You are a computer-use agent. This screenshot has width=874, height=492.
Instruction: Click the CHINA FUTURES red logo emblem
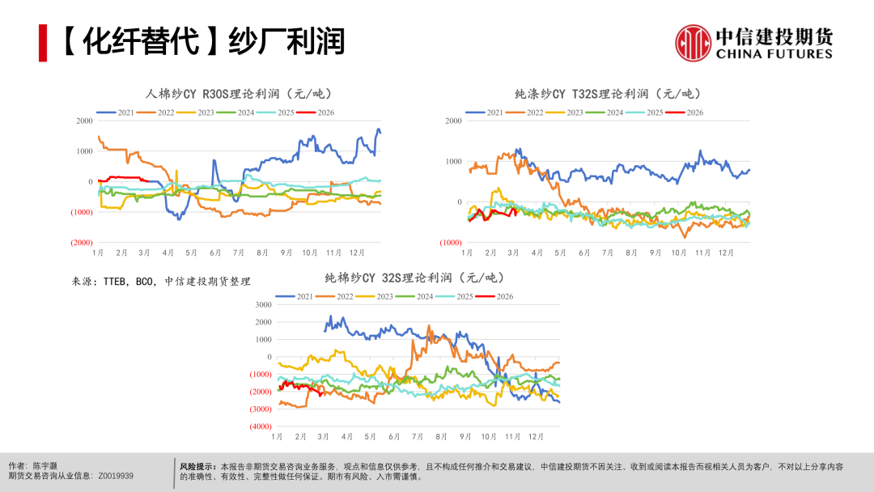(x=692, y=42)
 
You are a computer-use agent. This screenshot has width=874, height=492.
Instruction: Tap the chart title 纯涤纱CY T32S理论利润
(x=608, y=94)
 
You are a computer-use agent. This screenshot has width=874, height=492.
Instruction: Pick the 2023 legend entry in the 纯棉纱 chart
(x=377, y=296)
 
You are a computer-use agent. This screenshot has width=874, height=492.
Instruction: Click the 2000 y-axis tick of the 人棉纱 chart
(x=84, y=121)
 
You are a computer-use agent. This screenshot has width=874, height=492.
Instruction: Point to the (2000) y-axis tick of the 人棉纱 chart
(x=81, y=243)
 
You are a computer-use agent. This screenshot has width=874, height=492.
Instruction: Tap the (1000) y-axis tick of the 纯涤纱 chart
(x=451, y=243)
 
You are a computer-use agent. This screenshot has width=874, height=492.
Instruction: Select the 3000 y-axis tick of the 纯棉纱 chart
(x=264, y=304)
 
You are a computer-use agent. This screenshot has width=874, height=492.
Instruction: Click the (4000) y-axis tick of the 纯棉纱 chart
(x=261, y=426)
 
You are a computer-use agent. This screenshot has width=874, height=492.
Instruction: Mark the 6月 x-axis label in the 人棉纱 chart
(x=214, y=253)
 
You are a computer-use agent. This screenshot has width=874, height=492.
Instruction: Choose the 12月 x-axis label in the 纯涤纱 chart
(x=726, y=253)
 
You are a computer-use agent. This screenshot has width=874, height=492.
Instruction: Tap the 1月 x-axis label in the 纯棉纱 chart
(x=278, y=437)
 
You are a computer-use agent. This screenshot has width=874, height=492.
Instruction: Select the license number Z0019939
(x=116, y=477)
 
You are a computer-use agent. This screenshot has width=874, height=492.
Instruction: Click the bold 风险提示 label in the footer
(x=197, y=467)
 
